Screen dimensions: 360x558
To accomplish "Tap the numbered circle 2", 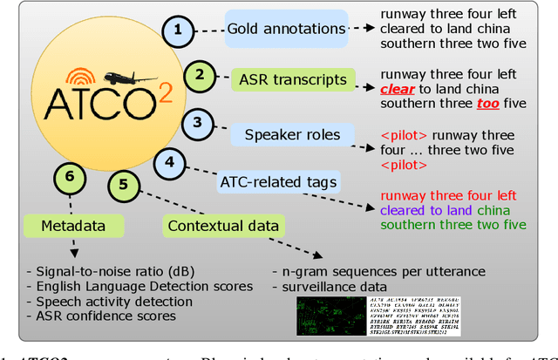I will point(200,76).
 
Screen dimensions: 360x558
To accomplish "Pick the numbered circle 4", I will point(170,162).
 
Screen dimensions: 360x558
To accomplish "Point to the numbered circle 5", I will point(123,185).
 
